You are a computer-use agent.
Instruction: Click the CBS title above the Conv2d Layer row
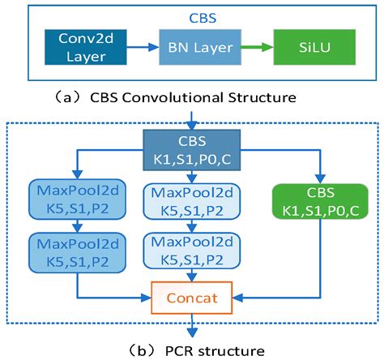pos(194,16)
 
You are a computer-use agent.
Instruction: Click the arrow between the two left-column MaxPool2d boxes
pos(76,225)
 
